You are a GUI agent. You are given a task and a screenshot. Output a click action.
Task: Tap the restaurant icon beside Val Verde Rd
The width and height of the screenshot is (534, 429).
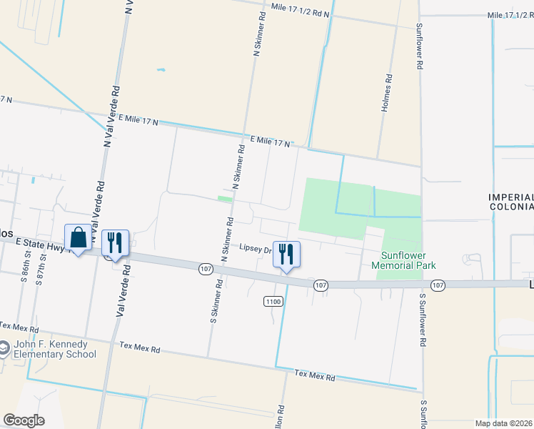click(x=114, y=243)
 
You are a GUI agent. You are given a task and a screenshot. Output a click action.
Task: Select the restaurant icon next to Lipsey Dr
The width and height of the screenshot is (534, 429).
click(x=286, y=255)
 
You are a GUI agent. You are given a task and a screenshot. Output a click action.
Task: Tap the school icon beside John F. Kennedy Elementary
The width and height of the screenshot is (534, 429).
click(x=4, y=349)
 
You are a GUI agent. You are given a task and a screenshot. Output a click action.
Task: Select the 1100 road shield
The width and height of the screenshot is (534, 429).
click(x=273, y=302)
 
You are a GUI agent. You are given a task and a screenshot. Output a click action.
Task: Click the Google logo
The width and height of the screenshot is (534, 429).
click(x=24, y=420)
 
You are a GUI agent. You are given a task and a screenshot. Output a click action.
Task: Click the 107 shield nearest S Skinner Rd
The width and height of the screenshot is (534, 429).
click(x=205, y=269)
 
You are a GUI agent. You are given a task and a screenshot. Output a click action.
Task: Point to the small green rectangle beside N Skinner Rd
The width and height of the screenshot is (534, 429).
click(x=225, y=199)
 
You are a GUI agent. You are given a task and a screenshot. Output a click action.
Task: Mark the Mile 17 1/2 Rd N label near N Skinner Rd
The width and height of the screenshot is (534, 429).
click(x=301, y=9)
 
